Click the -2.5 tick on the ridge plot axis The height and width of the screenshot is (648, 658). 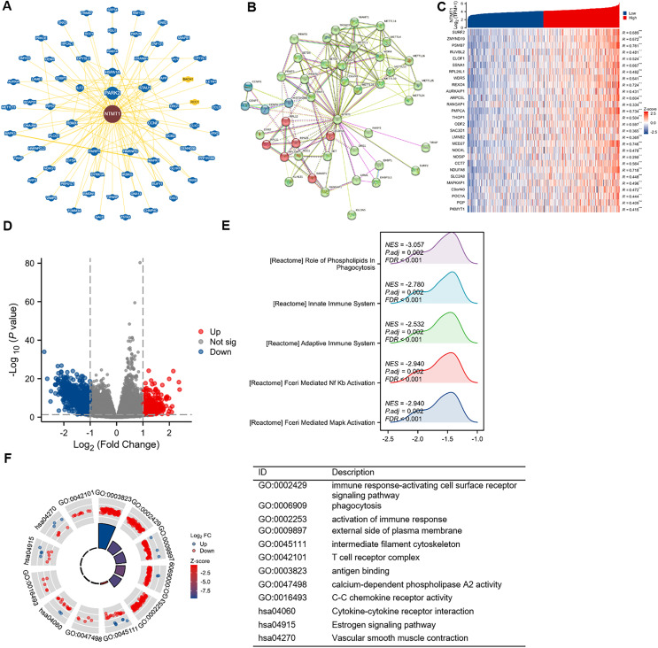click(387, 439)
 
